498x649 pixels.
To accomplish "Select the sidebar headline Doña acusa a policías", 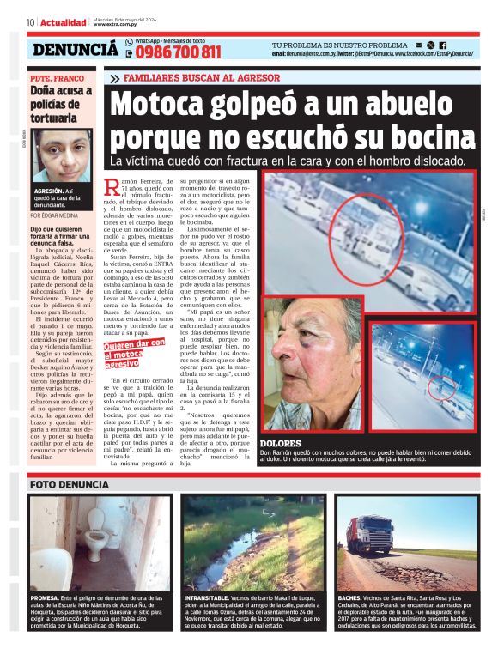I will click(x=60, y=103).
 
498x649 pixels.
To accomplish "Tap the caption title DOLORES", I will click(x=280, y=443).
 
